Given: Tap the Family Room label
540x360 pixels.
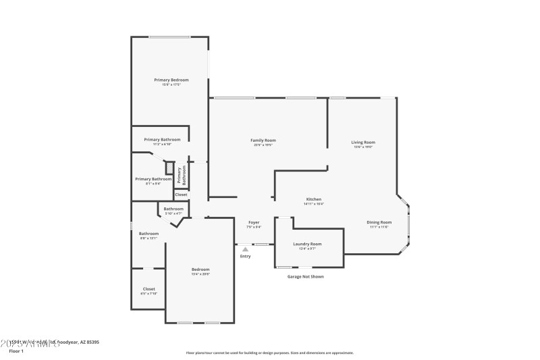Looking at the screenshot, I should [265, 140].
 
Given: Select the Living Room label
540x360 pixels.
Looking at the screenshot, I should [363, 143].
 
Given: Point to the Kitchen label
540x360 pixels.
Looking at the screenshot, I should [314, 199].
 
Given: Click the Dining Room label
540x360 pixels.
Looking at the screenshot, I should [379, 222].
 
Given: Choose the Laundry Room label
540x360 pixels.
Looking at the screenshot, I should [307, 244].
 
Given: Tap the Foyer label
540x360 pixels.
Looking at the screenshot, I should [254, 222].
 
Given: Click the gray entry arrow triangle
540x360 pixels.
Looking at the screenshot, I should [245, 249].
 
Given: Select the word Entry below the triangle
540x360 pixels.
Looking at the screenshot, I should [245, 256].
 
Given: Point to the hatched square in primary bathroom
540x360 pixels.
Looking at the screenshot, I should [170, 168].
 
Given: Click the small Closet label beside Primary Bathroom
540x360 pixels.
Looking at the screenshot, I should [181, 195].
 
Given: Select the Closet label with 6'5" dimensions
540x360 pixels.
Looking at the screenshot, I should [148, 289].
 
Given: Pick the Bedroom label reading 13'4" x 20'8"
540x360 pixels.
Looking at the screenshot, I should [200, 269].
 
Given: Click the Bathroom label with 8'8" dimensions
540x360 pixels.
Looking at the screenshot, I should [148, 234].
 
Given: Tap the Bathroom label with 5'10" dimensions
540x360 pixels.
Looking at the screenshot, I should [173, 209].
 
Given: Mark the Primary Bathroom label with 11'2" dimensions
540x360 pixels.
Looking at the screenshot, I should [162, 140].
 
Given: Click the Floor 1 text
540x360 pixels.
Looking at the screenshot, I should [16, 351].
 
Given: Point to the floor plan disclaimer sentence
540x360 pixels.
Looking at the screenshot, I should [269, 353].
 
